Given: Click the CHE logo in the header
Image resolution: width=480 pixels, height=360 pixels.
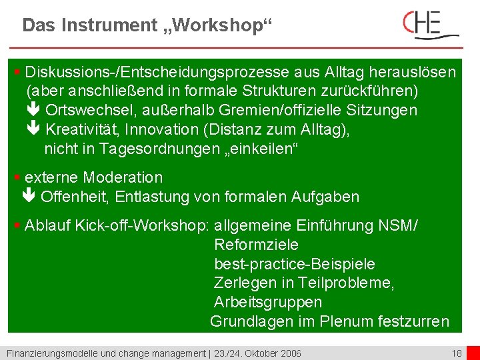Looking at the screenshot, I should click(x=430, y=26).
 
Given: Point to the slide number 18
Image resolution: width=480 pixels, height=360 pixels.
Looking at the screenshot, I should click(x=456, y=353).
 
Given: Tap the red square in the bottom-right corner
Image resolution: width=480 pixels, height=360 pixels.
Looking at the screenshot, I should click(x=474, y=353).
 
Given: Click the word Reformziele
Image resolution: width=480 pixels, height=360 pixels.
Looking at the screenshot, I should click(x=256, y=245).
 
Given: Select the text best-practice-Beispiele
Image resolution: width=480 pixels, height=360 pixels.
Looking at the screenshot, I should click(x=294, y=264).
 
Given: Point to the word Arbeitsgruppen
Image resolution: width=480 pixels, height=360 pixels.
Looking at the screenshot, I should click(x=267, y=303).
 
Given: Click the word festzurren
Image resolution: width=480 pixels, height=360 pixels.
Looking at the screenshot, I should click(x=413, y=322).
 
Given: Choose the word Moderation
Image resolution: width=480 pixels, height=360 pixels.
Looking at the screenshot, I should click(x=123, y=177).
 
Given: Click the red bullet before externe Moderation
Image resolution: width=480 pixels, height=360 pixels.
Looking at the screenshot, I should click(x=17, y=177).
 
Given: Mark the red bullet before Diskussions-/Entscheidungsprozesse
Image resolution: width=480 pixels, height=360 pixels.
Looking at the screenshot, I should click(x=17, y=71).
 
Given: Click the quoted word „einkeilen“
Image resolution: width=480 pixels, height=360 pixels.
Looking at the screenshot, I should click(x=260, y=149).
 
